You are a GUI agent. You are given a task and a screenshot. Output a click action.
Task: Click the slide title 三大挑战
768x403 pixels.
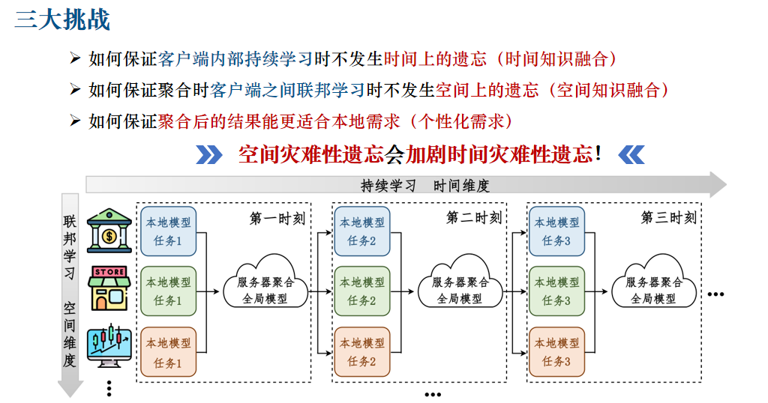63,19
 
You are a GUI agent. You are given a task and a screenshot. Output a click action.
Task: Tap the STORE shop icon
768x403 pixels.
109,288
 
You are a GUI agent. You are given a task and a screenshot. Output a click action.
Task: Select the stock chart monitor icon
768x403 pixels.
109,347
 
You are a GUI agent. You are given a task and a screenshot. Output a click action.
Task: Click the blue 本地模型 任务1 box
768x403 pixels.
168,231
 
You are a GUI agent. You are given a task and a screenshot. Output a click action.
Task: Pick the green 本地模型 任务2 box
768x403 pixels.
362,291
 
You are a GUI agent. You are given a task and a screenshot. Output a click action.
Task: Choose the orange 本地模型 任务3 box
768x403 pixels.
556,351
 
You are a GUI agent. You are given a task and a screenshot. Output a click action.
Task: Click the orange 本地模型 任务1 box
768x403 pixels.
168,351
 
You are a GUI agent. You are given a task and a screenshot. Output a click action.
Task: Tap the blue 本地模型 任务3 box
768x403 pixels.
556,231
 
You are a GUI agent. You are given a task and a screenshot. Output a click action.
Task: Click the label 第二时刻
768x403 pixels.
474,217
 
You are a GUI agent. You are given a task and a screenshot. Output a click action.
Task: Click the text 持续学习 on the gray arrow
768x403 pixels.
388,186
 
